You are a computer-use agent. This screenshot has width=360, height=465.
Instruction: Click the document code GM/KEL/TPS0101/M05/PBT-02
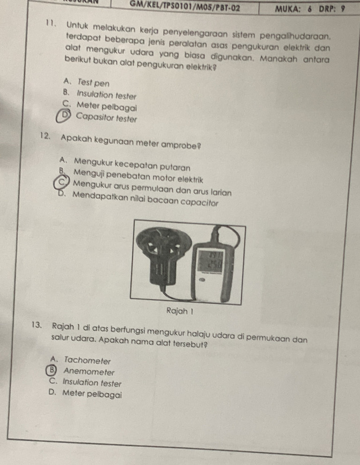pos(185,7)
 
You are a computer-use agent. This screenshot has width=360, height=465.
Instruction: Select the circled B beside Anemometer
pos(52,370)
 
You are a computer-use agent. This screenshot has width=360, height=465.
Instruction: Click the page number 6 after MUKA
pos(310,9)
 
